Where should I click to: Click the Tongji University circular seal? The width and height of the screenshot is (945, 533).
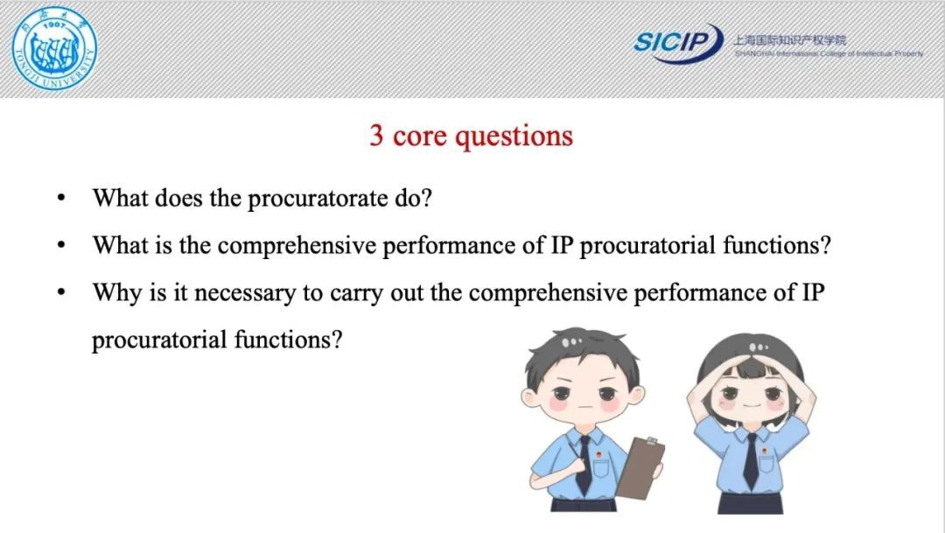54,49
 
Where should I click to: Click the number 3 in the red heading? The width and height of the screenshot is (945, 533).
376,135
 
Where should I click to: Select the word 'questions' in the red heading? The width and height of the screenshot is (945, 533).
514,137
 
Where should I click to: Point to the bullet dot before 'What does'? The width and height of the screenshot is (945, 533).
61,198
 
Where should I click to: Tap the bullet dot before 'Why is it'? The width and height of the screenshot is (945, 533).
61,292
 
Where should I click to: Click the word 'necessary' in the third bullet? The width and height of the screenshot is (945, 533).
245,294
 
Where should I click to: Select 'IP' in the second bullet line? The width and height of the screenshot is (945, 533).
562,245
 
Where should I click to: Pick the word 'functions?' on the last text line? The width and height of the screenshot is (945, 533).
288,340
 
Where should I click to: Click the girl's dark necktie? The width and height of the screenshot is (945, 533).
751,461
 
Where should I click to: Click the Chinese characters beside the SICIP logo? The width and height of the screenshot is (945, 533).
789,39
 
